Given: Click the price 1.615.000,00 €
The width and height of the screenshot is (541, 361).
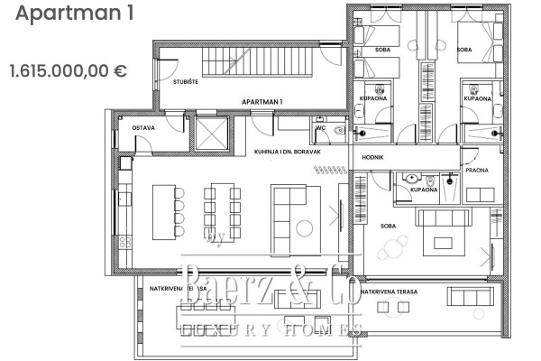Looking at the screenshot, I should pyautogui.click(x=68, y=69).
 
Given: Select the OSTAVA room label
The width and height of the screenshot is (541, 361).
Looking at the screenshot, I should pyautogui.click(x=143, y=128).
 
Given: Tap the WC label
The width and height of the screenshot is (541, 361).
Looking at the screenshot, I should pyautogui.click(x=321, y=128).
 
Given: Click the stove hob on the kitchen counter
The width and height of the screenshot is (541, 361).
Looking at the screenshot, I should pyautogui.click(x=125, y=241).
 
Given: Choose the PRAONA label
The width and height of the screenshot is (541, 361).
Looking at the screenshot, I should pyautogui.click(x=477, y=169).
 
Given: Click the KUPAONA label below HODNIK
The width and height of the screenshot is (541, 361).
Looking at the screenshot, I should pyautogui.click(x=423, y=190).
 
